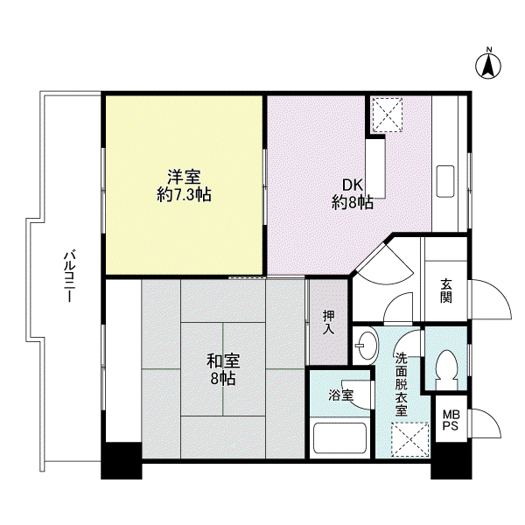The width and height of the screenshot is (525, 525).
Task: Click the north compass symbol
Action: point(488,66)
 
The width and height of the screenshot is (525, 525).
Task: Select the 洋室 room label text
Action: point(184,177)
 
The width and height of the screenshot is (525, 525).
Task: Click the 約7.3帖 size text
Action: point(184,194)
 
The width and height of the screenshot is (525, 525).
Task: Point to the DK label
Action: point(353,185)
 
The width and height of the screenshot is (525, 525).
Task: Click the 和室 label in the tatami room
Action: point(223,361)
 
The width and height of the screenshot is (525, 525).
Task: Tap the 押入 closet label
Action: point(328,322)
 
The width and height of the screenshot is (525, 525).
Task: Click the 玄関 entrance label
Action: point(446,290)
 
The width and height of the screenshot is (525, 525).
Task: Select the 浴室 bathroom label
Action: point(341,395)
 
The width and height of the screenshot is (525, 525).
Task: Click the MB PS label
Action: point(451,420)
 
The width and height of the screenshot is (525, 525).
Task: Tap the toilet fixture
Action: point(446,369)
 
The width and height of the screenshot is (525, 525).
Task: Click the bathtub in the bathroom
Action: point(340,437)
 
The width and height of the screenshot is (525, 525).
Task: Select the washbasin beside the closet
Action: point(366,346)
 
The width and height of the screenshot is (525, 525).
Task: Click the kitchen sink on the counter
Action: point(445,181)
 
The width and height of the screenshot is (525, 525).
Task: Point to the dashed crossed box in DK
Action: point(388,115)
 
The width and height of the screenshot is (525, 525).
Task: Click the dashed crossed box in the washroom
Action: point(410,439)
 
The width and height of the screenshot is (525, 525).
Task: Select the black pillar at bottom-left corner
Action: point(122,460)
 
